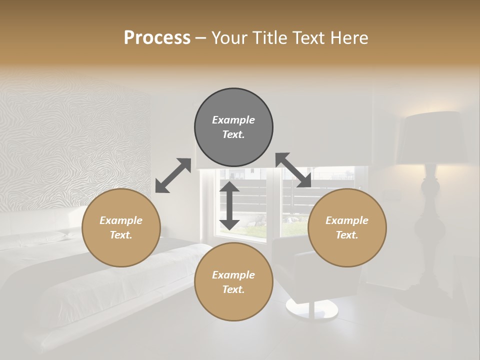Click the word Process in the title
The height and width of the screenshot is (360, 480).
pos(157,38)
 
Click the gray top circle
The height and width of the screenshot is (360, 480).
pos(233,127)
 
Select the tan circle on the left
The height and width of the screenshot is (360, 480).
pos(121,228)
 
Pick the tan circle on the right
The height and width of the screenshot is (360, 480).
pos(347,228)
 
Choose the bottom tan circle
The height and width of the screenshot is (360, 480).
pos(233,282)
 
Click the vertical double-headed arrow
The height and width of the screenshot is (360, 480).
pos(229,205)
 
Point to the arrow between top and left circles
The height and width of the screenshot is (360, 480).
pos(173,175)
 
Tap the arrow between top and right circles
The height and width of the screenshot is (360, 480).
pos(293,170)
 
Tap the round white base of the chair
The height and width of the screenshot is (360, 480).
pos(311,308)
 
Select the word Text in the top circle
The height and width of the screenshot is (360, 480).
pos(233,135)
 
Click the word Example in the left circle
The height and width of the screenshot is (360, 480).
pos(121,220)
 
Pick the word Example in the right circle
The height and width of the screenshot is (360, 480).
pos(347,220)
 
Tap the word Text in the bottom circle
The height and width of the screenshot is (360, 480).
pos(233,289)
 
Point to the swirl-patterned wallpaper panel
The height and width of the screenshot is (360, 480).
pos(75,150)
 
